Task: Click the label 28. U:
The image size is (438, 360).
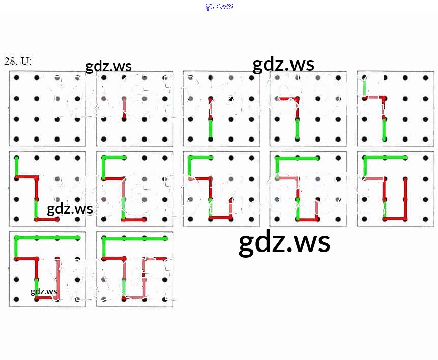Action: (18, 61)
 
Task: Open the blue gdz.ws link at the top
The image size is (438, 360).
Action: (219, 6)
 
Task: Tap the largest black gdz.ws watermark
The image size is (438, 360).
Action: (284, 243)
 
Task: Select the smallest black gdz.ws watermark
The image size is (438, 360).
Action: (44, 291)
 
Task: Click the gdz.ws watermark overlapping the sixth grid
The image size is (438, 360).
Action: (70, 209)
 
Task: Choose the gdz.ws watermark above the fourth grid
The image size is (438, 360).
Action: (283, 64)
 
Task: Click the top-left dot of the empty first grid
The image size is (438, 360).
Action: (17, 77)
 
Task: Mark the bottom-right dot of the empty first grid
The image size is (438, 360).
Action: (77, 139)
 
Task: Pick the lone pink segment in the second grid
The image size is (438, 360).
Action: (124, 108)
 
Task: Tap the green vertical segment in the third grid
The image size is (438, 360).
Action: (211, 128)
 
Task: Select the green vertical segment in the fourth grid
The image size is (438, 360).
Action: (298, 128)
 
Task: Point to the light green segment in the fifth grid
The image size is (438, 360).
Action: (365, 88)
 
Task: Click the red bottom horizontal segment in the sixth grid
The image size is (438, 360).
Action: (46, 219)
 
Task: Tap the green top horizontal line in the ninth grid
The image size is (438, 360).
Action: (297, 158)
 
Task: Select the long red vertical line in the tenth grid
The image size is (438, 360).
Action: (405, 199)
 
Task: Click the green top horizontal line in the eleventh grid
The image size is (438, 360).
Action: (47, 238)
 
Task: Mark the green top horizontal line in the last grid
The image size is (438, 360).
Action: (135, 238)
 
